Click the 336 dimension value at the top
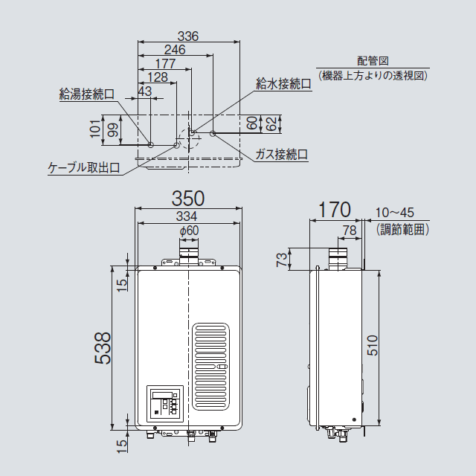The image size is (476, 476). pos(188,36)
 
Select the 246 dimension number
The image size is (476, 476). pos(175,50)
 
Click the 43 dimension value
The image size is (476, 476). pos(144,91)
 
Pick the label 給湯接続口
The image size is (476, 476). pos(86,94)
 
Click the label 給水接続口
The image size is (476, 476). pos(283,84)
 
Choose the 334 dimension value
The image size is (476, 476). pos(187,216)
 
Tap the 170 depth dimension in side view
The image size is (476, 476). pos(334,209)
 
